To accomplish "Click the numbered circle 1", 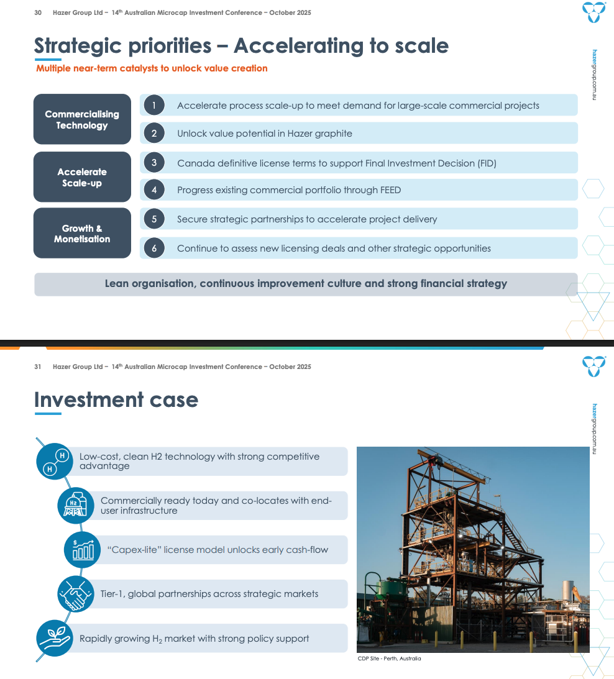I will pyautogui.click(x=153, y=106).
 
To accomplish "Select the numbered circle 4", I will pyautogui.click(x=153, y=190).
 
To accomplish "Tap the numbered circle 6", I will pyautogui.click(x=153, y=248).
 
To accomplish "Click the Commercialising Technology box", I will pyautogui.click(x=82, y=119).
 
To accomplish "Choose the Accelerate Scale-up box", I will pyautogui.click(x=82, y=177).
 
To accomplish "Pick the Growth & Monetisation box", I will pyautogui.click(x=82, y=233).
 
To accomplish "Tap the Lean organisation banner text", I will pyautogui.click(x=306, y=284).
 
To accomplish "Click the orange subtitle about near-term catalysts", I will pyautogui.click(x=152, y=68).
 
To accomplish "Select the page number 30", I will pyautogui.click(x=38, y=12).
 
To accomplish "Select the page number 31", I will pyautogui.click(x=38, y=367).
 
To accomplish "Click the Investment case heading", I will pyautogui.click(x=116, y=400).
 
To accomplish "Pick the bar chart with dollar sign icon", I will pyautogui.click(x=82, y=550).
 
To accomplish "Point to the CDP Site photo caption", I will pyautogui.click(x=389, y=658).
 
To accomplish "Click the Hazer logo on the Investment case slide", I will pyautogui.click(x=593, y=365).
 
